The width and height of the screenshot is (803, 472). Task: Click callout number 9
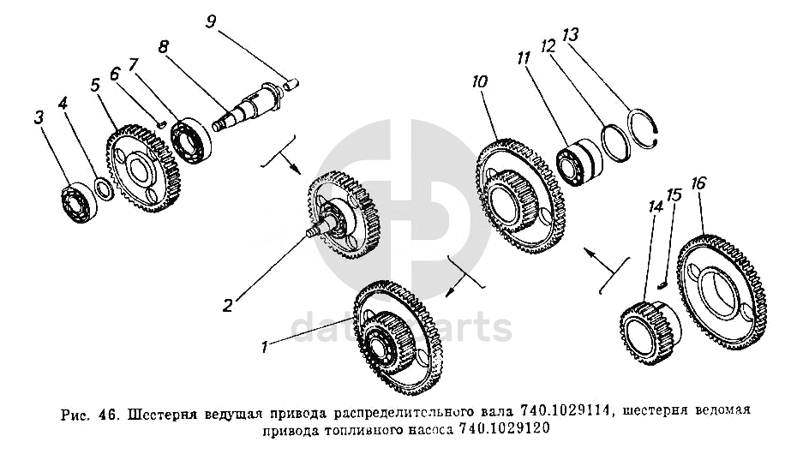211,20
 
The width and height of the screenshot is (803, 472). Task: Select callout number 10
479,84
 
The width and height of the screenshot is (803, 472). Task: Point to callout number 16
699,185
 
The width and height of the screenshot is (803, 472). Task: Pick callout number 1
267,347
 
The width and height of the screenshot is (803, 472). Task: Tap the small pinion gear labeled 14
649,332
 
